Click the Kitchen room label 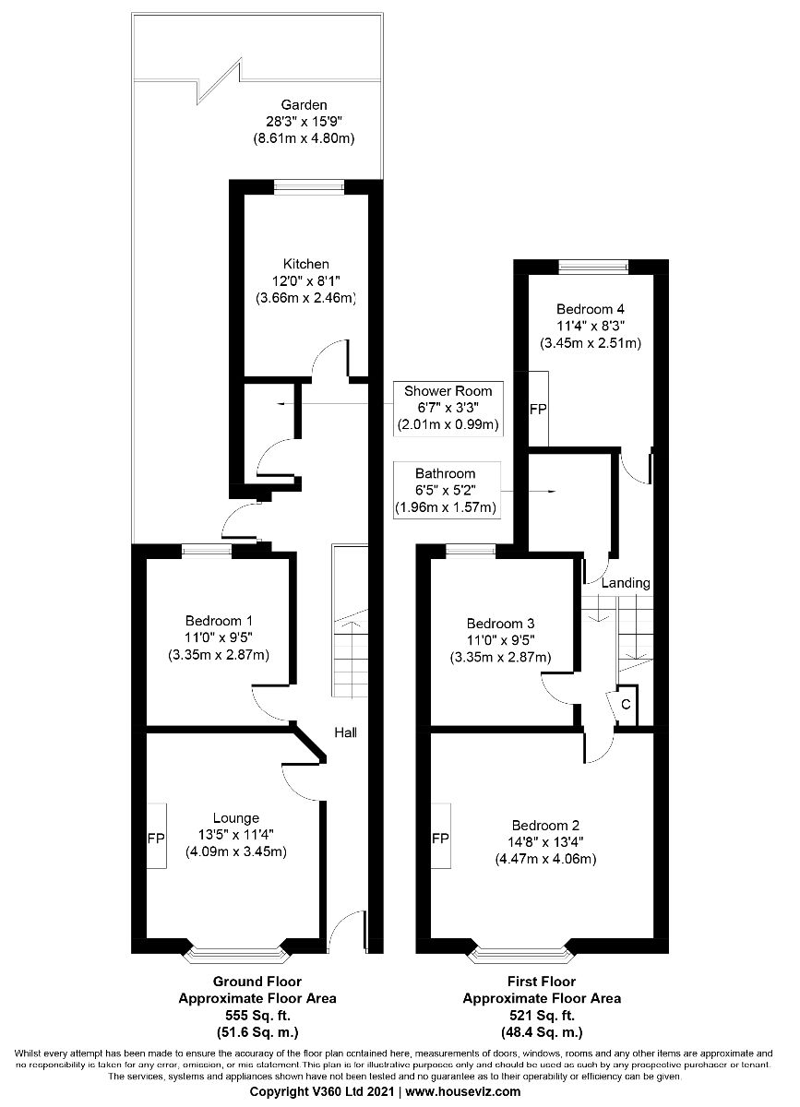pos(305,264)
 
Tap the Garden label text pos(304,105)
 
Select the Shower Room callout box pos(448,409)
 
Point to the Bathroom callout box pos(447,490)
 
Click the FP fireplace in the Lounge pos(156,839)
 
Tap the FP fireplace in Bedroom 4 pos(538,410)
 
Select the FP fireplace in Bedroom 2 pos(440,839)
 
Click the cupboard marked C pos(626,705)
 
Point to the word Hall pos(346,732)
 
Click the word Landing pos(626,583)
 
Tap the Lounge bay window pos(236,954)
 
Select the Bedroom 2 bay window pos(520,954)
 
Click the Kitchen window pos(309,186)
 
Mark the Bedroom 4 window pos(594,267)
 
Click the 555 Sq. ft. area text pos(257,1016)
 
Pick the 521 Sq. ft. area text pos(542,1016)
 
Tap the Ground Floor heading pos(257,981)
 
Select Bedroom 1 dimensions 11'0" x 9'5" pos(219,637)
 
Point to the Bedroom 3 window pos(471,551)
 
